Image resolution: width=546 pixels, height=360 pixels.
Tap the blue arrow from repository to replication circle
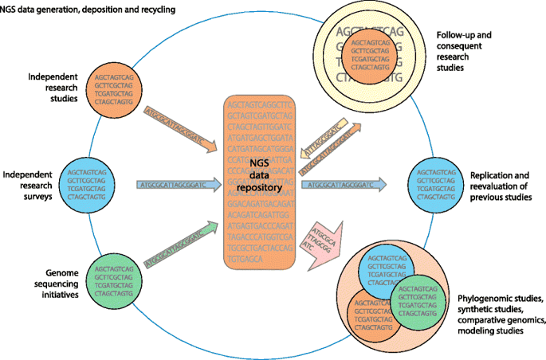click(x=344, y=185)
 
